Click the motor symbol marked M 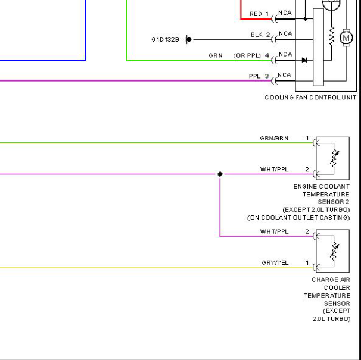[x=346, y=38]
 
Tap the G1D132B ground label [x=165, y=40]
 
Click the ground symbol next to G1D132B [x=187, y=39]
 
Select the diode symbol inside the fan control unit [x=304, y=60]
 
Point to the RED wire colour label [x=256, y=14]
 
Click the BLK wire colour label [x=256, y=35]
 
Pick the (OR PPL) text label [x=247, y=56]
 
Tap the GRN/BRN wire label [x=274, y=138]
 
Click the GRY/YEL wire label [x=275, y=262]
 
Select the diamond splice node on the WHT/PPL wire [x=220, y=174]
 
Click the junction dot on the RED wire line [x=305, y=19]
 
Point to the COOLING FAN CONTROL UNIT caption [x=310, y=98]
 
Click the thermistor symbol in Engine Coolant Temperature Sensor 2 [x=334, y=158]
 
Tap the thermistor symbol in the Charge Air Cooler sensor [x=334, y=251]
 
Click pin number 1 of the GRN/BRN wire [x=307, y=138]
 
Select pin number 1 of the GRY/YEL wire [x=307, y=262]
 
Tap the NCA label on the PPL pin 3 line [x=284, y=75]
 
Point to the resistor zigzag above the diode [x=332, y=36]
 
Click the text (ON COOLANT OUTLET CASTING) [x=298, y=218]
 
